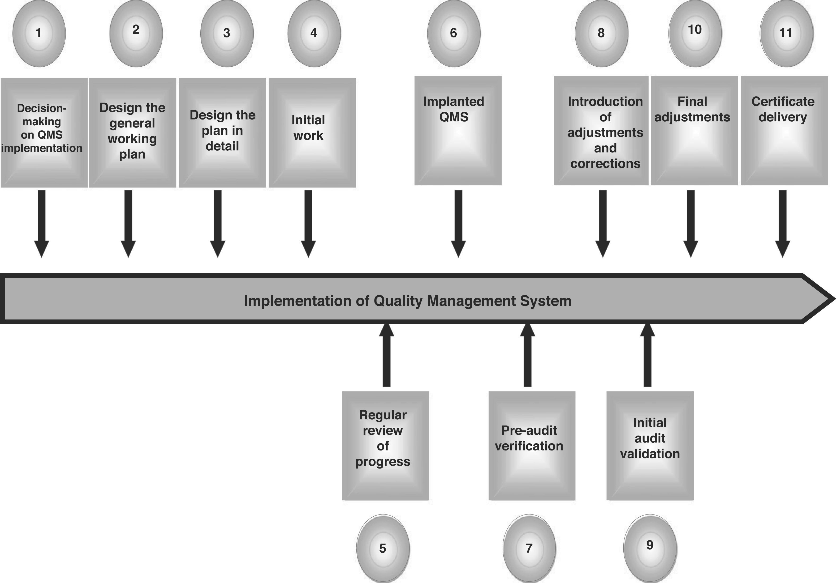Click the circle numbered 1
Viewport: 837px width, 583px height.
(x=39, y=33)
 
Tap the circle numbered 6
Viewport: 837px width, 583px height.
(x=454, y=33)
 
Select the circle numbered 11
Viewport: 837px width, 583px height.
(x=786, y=33)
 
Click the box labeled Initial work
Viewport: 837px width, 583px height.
(x=312, y=133)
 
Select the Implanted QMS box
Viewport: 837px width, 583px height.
(x=458, y=131)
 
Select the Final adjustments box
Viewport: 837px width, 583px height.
(x=694, y=131)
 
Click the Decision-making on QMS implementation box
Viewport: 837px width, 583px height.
(x=44, y=133)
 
